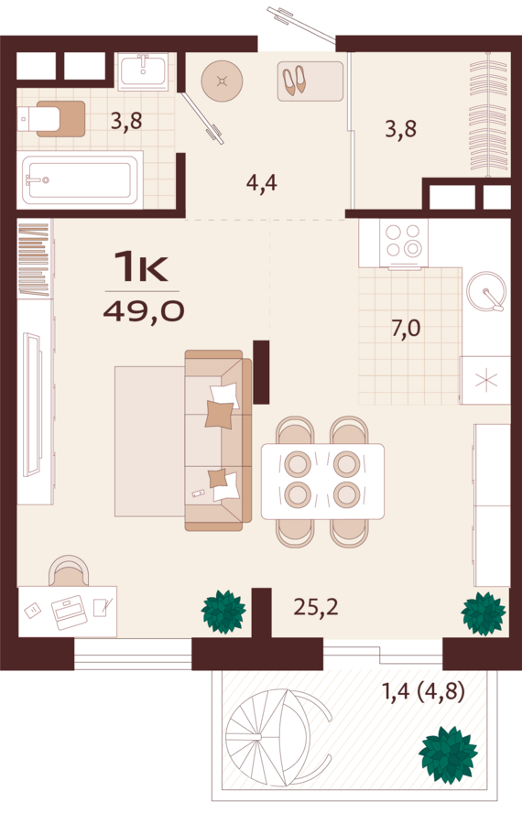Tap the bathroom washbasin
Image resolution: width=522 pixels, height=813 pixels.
click(x=142, y=71)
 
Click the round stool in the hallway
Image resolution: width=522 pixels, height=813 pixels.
click(x=223, y=81)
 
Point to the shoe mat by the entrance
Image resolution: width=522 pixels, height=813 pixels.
click(x=310, y=81)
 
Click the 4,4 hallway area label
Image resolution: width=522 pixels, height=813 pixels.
click(x=262, y=182)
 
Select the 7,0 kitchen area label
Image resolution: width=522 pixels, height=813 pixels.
click(x=406, y=329)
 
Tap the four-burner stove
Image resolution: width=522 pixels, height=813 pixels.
click(x=404, y=242)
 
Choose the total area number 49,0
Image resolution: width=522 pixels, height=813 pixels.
click(x=144, y=311)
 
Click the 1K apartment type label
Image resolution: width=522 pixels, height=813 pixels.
click(x=142, y=266)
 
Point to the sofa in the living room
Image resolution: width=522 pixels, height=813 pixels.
click(x=219, y=440)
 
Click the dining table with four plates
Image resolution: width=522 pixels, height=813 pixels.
click(x=322, y=482)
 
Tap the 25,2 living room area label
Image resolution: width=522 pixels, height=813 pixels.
click(x=316, y=606)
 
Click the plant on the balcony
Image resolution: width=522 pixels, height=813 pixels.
click(x=448, y=754)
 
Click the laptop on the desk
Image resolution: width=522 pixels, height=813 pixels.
click(x=68, y=612)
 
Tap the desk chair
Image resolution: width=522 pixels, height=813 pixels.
click(x=69, y=571)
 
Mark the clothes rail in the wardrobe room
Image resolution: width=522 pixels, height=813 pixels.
click(x=488, y=115)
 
